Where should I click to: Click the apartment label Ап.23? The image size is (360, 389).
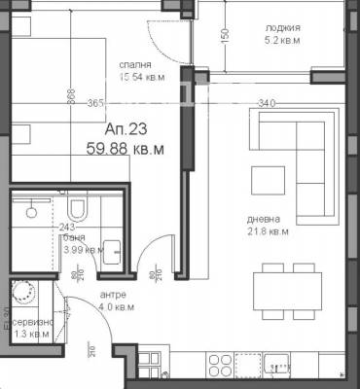(x=124, y=129)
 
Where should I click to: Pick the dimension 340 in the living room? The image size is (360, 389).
(x=266, y=100)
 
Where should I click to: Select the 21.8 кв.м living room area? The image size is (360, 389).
(x=266, y=232)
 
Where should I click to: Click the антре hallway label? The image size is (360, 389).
(x=114, y=296)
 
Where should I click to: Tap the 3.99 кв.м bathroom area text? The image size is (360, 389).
(x=84, y=249)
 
